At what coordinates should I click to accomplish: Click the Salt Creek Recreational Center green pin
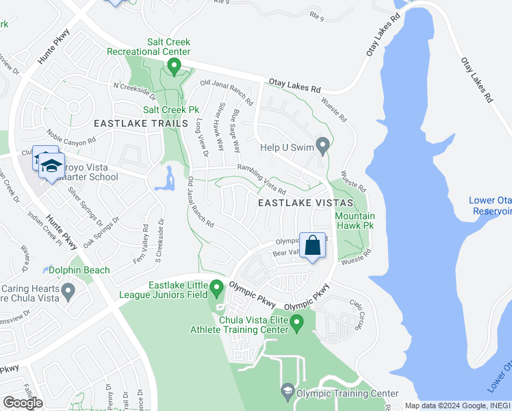tap(174, 66)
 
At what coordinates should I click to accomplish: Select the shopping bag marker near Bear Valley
tap(312, 246)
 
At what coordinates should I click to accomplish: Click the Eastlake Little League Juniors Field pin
tap(217, 289)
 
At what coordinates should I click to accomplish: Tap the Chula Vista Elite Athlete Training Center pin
tap(297, 322)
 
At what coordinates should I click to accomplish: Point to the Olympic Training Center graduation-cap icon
tap(287, 393)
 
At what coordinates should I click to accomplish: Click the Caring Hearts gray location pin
tap(67, 292)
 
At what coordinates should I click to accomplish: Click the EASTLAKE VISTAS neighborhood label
tap(305, 203)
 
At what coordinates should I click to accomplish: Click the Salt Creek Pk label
tap(170, 109)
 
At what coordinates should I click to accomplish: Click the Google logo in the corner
tap(23, 403)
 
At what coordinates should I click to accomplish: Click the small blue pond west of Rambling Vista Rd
tap(164, 179)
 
